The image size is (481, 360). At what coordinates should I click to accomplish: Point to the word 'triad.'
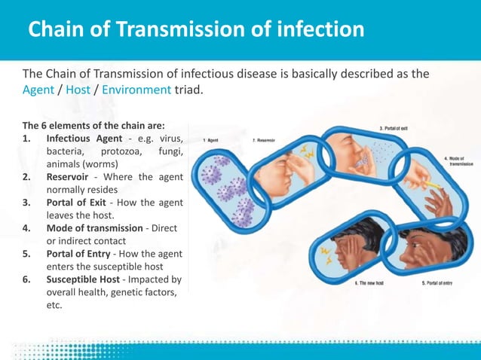coord(189,90)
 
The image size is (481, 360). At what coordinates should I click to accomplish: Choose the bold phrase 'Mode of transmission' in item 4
coord(94,228)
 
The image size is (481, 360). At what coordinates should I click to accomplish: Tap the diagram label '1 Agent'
coord(212,140)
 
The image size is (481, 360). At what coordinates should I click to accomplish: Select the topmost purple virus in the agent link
coord(223,160)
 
